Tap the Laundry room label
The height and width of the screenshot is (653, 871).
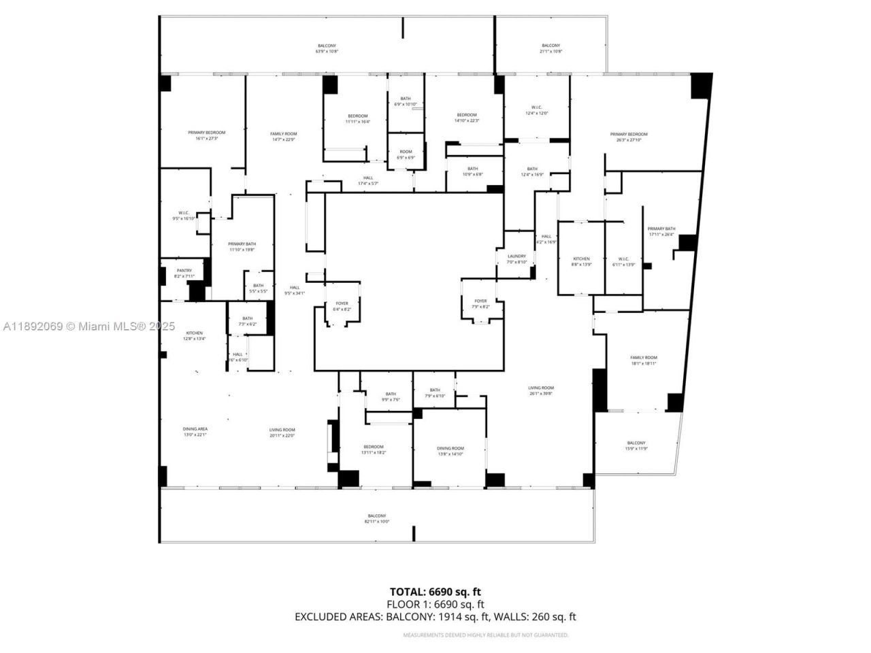click(516, 259)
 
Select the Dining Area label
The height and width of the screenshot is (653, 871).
click(195, 432)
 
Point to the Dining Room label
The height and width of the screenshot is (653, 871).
click(450, 452)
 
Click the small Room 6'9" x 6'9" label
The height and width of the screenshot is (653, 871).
click(406, 154)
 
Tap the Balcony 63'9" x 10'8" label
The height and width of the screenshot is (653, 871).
click(327, 48)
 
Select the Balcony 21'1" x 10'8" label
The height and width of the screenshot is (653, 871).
click(550, 48)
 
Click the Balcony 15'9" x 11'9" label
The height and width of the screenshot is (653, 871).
click(636, 446)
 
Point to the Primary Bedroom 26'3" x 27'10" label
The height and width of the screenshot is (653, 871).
click(628, 137)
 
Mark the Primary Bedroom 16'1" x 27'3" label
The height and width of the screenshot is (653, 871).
click(206, 135)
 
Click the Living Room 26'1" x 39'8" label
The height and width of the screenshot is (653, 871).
click(541, 390)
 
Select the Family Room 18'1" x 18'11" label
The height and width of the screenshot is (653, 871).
click(643, 361)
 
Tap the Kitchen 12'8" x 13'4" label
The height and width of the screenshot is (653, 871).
click(193, 335)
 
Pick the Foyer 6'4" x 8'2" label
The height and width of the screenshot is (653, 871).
click(342, 306)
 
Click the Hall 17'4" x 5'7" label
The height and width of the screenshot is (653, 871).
click(367, 180)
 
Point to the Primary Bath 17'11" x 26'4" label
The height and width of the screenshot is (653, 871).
click(661, 231)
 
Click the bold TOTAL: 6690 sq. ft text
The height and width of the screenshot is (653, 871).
click(435, 592)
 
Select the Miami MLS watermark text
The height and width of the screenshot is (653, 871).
click(89, 326)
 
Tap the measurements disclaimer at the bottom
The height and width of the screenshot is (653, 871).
click(485, 635)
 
